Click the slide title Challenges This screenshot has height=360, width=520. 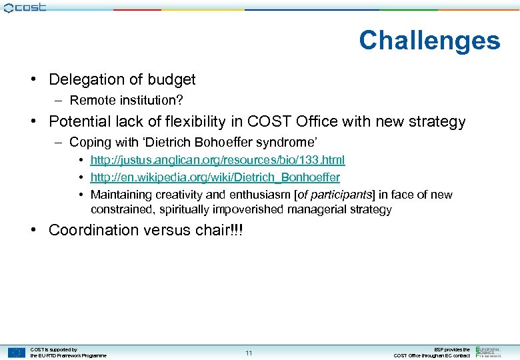coord(429,41)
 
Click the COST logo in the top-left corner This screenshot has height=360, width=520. coord(25,7)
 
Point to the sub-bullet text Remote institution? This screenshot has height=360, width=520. coord(126,100)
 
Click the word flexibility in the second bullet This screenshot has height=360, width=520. coord(199,121)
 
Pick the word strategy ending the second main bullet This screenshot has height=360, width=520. coord(437,121)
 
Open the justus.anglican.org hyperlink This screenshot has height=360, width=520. coord(217,160)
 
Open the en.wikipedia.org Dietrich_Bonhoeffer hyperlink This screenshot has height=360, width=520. coord(215,177)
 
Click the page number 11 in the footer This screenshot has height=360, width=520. coord(249,353)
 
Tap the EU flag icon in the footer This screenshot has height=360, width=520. coord(17,353)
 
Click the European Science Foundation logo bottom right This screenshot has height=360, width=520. coord(493,351)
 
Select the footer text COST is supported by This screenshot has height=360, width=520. coord(54,349)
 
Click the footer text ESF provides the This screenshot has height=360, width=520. coord(451,349)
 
